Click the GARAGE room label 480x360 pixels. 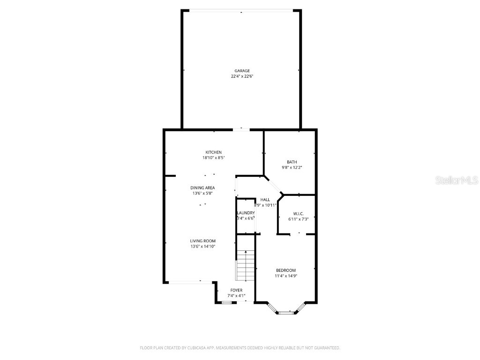pyautogui.click(x=242, y=71)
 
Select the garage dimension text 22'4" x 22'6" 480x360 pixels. pyautogui.click(x=242, y=76)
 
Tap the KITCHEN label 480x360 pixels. pyautogui.click(x=213, y=152)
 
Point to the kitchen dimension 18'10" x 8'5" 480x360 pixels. pyautogui.click(x=213, y=158)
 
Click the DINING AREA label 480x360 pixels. pyautogui.click(x=202, y=188)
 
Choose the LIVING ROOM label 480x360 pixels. pyautogui.click(x=202, y=241)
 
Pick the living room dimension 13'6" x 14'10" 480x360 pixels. pyautogui.click(x=202, y=247)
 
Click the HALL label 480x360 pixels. pyautogui.click(x=265, y=200)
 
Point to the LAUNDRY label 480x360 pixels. pyautogui.click(x=246, y=213)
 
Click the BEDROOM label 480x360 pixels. pyautogui.click(x=285, y=270)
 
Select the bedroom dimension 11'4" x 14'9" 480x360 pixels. pyautogui.click(x=285, y=276)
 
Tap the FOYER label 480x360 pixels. pyautogui.click(x=236, y=290)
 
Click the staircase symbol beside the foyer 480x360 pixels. pyautogui.click(x=245, y=265)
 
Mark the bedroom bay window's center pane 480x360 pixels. pyautogui.click(x=285, y=312)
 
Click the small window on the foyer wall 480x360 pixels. pyautogui.click(x=226, y=303)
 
